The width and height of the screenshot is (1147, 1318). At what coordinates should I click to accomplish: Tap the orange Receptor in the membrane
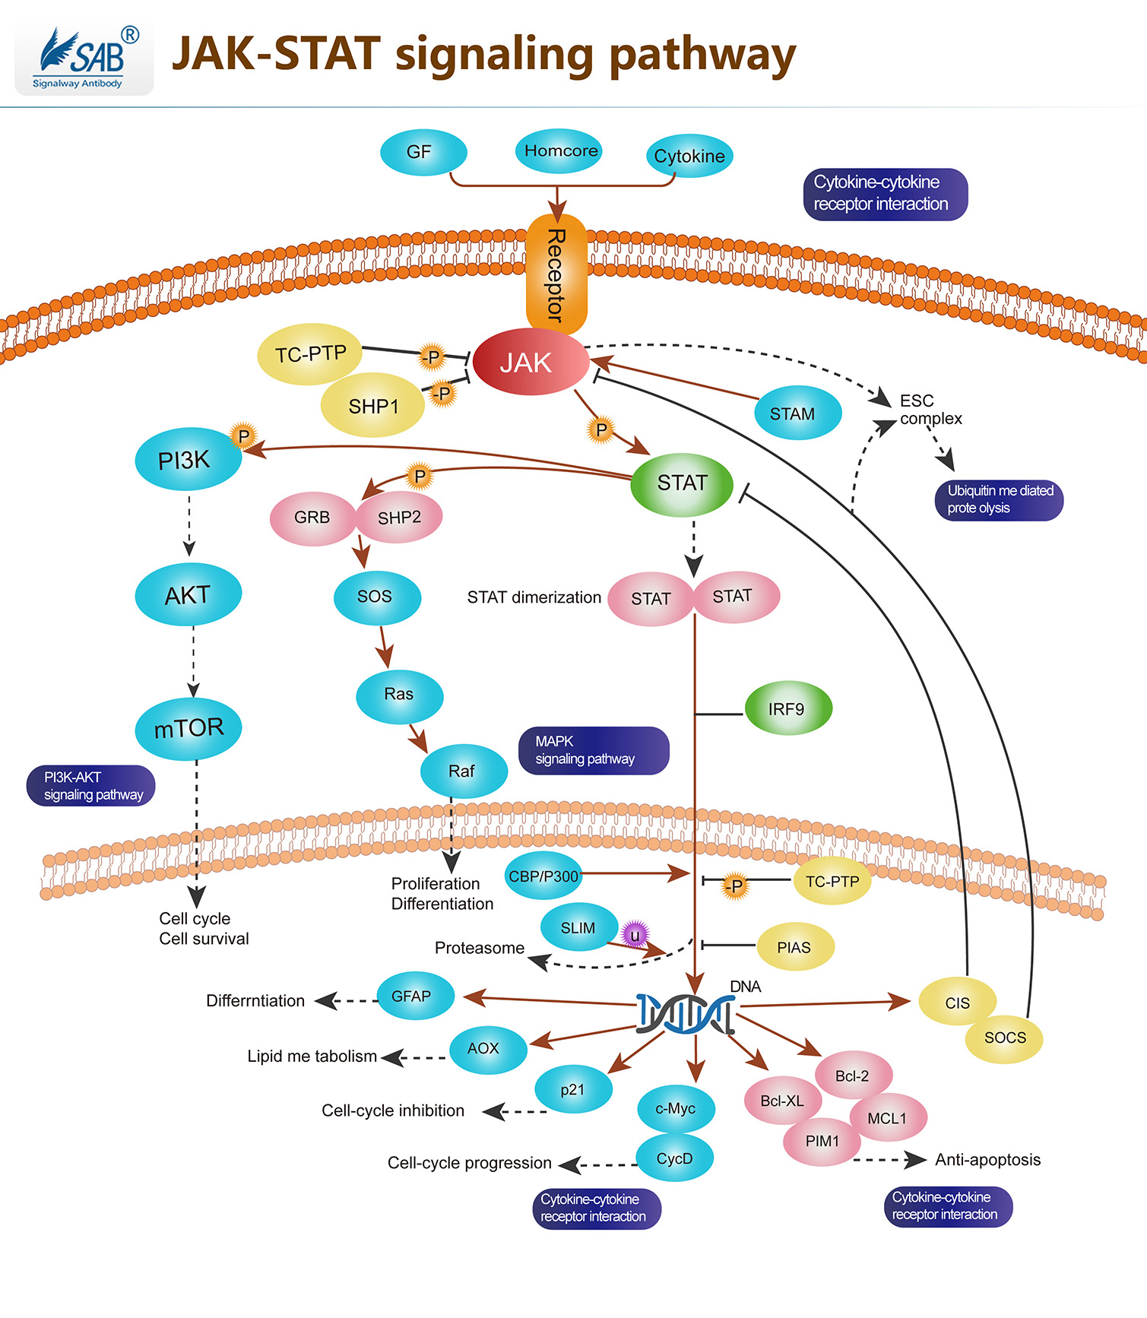556,274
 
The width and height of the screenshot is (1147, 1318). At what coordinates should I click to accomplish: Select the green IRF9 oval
787,708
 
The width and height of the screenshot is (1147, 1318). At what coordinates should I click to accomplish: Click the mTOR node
189,728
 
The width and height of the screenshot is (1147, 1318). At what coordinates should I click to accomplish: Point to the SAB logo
84,60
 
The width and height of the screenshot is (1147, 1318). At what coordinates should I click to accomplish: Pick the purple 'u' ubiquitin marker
635,934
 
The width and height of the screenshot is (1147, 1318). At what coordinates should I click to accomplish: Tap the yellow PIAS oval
795,947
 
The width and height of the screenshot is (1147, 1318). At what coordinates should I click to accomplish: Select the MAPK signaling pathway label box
593,750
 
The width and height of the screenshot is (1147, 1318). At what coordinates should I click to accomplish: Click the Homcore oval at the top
560,150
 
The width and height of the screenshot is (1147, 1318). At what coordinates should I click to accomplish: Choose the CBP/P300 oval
543,876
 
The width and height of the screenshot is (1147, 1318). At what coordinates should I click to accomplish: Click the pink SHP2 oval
400,518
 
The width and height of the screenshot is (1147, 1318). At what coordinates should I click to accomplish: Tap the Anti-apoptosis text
987,1159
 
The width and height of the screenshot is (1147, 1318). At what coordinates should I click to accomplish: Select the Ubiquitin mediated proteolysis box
999,499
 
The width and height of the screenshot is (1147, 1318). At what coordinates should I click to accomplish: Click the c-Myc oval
676,1108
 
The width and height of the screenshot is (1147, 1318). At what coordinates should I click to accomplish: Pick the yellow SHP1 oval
373,406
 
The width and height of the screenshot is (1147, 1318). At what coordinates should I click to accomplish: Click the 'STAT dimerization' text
534,597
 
